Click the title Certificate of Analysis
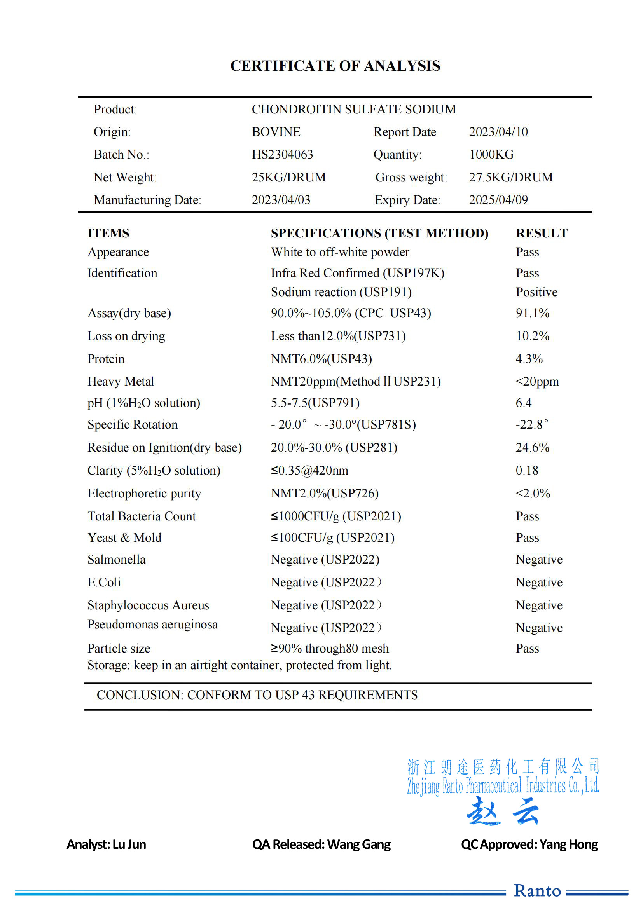[x=335, y=66]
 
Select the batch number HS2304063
[x=282, y=154]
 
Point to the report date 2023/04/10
[x=498, y=132]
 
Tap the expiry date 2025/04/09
[x=498, y=200]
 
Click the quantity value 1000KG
[x=491, y=154]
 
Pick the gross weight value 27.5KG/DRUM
[x=511, y=177]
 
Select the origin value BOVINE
[x=276, y=132]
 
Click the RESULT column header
[x=542, y=233]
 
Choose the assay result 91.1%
[x=532, y=313]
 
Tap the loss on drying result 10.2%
[x=532, y=336]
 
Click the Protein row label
[x=106, y=359]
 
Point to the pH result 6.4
[x=523, y=403]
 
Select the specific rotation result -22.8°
[x=532, y=425]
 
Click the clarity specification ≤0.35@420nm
[x=309, y=471]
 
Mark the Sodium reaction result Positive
[x=536, y=292]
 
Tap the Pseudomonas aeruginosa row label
[x=152, y=625]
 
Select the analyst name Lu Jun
[x=129, y=845]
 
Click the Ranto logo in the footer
[x=537, y=891]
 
